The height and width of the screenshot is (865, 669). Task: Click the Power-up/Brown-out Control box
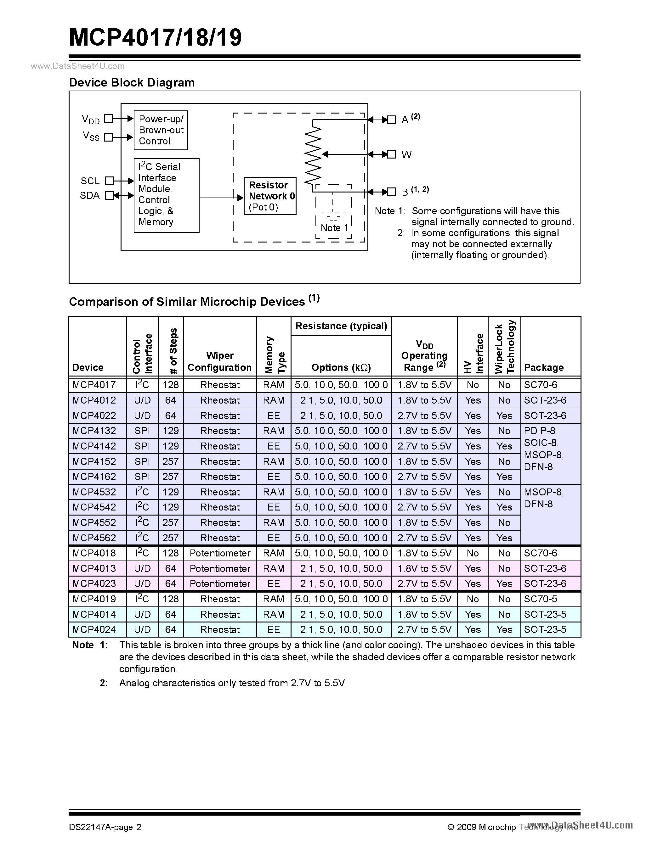(x=161, y=130)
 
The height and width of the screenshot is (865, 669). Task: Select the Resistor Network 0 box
(x=270, y=196)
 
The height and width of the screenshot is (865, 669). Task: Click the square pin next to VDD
(x=108, y=118)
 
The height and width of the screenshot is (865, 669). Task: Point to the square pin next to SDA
(x=109, y=195)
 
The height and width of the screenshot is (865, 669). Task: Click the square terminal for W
(x=392, y=154)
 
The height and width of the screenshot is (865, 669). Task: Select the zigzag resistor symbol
(x=313, y=154)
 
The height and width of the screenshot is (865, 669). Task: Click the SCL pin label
(x=90, y=181)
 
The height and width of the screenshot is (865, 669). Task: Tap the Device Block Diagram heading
(x=132, y=82)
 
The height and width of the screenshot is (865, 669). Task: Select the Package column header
(x=543, y=367)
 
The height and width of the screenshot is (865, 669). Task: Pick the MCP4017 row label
(x=94, y=385)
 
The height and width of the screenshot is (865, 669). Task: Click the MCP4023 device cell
(x=94, y=583)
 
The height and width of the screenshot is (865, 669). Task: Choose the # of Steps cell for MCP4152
(x=170, y=461)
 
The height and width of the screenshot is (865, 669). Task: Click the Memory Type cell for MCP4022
(x=274, y=416)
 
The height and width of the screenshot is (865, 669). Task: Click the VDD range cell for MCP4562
(x=424, y=538)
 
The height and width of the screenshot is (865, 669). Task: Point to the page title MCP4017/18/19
(x=155, y=38)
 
